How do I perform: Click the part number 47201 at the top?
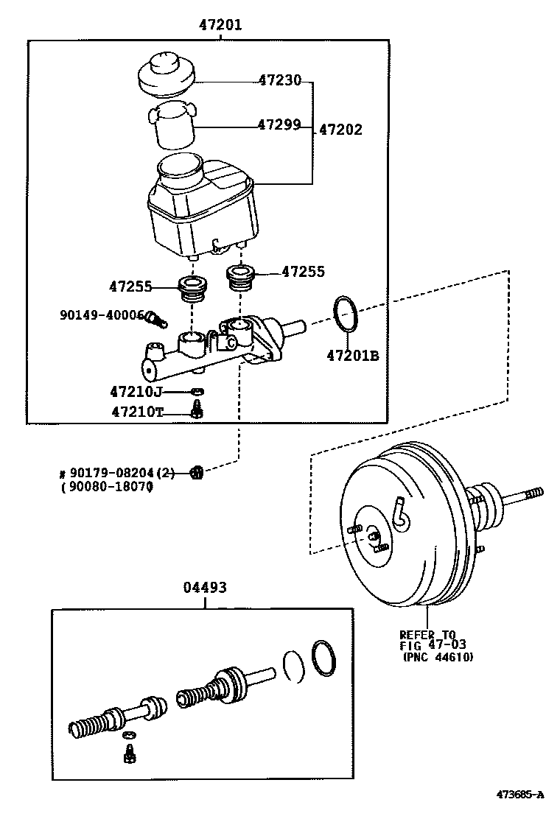pyautogui.click(x=220, y=25)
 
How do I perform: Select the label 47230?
pyautogui.click(x=279, y=80)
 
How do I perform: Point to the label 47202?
pyautogui.click(x=340, y=130)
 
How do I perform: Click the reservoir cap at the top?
pyautogui.click(x=167, y=74)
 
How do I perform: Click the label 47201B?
pyautogui.click(x=352, y=356)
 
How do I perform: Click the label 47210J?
pyautogui.click(x=136, y=391)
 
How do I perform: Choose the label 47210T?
pyautogui.click(x=137, y=412)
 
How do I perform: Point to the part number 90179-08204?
pyautogui.click(x=117, y=473)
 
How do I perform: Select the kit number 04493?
pyautogui.click(x=204, y=587)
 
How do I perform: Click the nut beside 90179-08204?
pyautogui.click(x=196, y=472)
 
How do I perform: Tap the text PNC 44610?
pyautogui.click(x=438, y=658)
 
